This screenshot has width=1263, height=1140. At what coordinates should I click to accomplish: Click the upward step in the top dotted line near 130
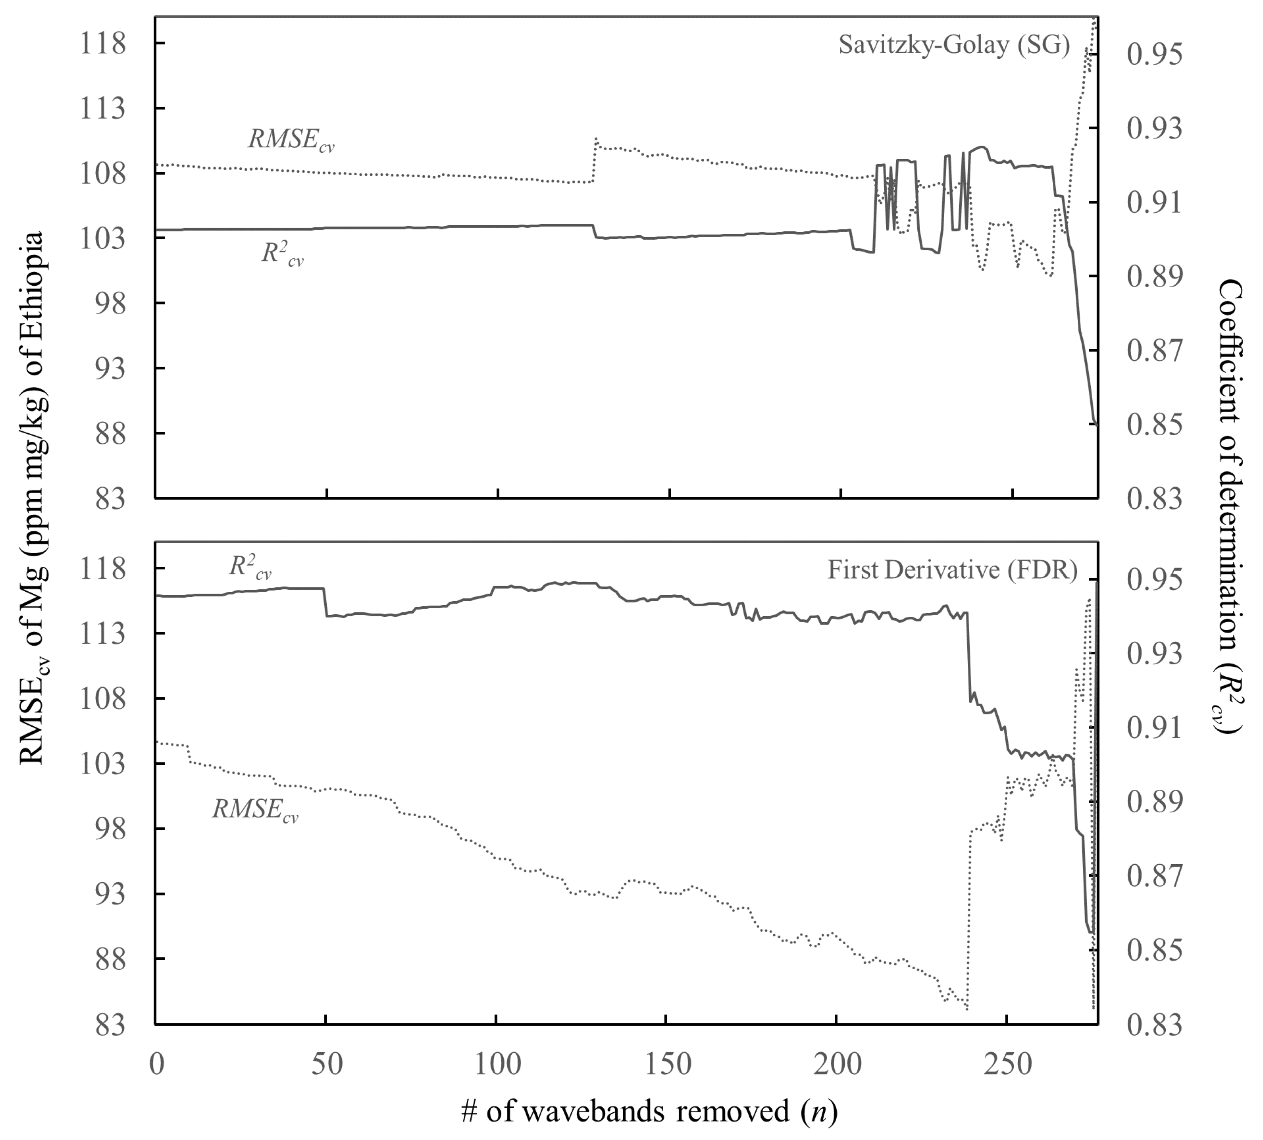[594, 160]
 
